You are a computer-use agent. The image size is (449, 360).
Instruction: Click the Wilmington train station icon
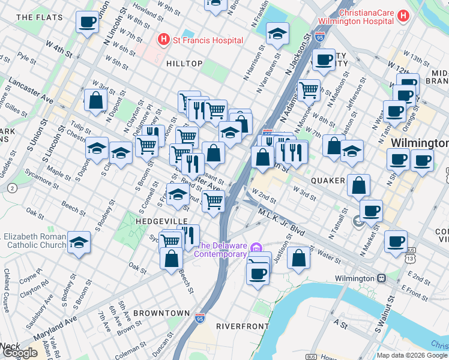381,278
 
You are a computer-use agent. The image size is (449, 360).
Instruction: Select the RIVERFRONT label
242,326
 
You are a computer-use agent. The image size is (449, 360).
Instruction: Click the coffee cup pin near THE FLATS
87,23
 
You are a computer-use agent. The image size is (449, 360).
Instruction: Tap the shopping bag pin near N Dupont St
96,100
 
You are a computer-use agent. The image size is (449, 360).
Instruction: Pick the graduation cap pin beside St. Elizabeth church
79,242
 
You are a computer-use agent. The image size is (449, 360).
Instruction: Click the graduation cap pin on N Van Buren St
277,34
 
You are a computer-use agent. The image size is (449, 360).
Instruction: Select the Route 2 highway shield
11,188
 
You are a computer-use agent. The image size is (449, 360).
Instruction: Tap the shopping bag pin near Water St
298,257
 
